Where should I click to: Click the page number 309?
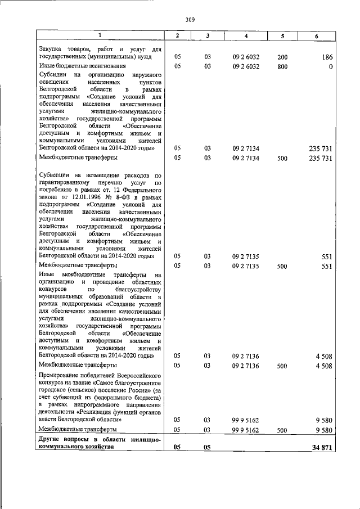point(190,20)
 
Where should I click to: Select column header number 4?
point(245,36)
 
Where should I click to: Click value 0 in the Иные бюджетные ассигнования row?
point(331,66)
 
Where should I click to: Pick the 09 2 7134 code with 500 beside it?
point(245,158)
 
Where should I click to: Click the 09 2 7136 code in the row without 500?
point(245,355)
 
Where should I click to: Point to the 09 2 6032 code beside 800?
point(245,66)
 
